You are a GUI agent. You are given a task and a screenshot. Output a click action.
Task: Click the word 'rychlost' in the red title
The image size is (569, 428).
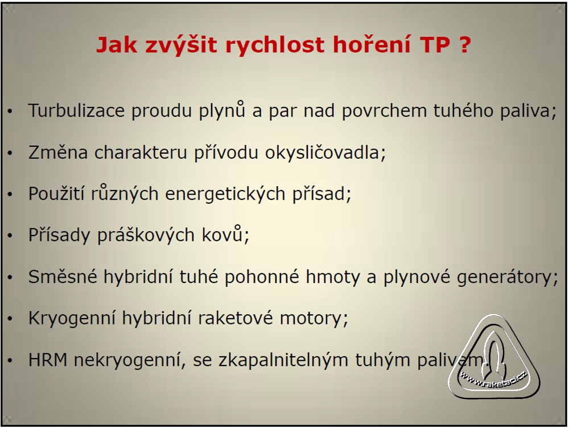coord(275,45)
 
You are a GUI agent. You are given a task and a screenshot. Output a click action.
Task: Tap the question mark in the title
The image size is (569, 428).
coord(465,44)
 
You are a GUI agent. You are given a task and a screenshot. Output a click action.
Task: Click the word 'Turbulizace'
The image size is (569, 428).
coord(76,110)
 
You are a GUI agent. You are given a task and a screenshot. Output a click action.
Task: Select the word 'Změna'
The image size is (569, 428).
coord(58,152)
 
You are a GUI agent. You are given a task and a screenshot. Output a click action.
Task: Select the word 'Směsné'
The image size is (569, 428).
coord(63,277)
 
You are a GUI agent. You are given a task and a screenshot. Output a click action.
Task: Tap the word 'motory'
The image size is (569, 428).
coord(314,319)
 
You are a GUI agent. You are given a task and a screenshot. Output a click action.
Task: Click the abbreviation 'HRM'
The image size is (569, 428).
coord(48,360)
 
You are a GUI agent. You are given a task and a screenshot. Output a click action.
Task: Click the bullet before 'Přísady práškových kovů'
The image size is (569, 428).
coord(10,236)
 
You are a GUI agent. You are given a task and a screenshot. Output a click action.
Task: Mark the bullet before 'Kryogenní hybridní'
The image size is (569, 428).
coord(10,319)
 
